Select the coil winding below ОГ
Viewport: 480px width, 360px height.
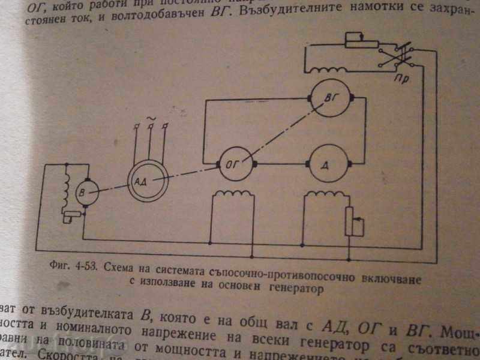coord(235,196)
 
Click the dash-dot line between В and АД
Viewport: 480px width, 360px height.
coord(110,185)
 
